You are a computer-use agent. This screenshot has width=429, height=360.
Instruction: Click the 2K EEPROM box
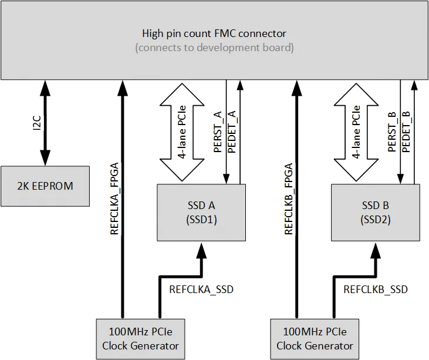(x=45, y=186)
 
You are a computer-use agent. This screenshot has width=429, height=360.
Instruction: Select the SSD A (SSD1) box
(x=201, y=212)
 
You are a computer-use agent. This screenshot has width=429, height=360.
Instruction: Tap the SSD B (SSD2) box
(x=376, y=212)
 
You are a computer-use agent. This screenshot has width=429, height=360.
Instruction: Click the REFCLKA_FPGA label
(x=114, y=198)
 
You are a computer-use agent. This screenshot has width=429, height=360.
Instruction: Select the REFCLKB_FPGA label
(x=289, y=198)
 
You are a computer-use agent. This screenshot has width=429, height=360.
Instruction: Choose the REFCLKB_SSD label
(x=375, y=290)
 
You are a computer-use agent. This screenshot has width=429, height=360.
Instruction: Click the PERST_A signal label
(x=218, y=132)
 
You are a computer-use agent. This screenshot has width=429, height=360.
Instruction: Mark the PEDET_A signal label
(x=232, y=132)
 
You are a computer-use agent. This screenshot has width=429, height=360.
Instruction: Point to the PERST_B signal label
(x=392, y=132)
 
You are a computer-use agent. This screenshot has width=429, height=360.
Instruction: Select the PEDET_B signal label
(x=406, y=132)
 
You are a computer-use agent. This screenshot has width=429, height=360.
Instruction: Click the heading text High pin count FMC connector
(x=214, y=33)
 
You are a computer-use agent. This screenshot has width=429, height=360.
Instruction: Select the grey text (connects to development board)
(x=214, y=48)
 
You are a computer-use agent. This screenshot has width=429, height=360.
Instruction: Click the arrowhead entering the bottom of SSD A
(x=201, y=249)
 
